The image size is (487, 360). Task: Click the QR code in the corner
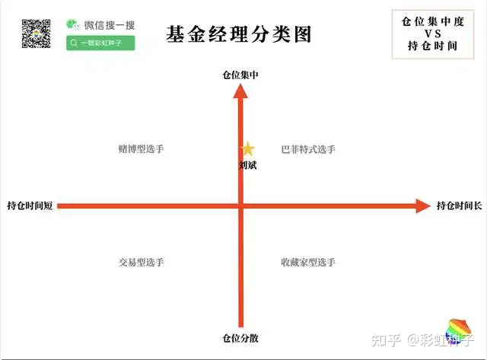point(35,32)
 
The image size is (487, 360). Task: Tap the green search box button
point(100,43)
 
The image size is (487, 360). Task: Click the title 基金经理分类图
point(239,34)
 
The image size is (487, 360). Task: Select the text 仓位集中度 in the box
point(431,21)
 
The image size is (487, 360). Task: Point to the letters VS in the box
point(432,33)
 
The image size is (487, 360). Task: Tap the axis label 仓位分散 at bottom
point(240,337)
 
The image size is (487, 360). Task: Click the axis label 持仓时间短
point(30,205)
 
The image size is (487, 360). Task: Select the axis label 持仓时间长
point(459,205)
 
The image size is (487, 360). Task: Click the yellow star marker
point(248,149)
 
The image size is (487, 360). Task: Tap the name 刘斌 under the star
point(248,164)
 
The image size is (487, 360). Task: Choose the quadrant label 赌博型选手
point(142,149)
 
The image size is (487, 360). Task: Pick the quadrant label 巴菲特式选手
point(308,149)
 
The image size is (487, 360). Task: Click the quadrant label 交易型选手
point(142,262)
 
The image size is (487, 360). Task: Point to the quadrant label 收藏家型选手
point(308,262)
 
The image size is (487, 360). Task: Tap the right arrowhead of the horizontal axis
point(423,205)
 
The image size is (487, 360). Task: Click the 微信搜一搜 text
point(110,25)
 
